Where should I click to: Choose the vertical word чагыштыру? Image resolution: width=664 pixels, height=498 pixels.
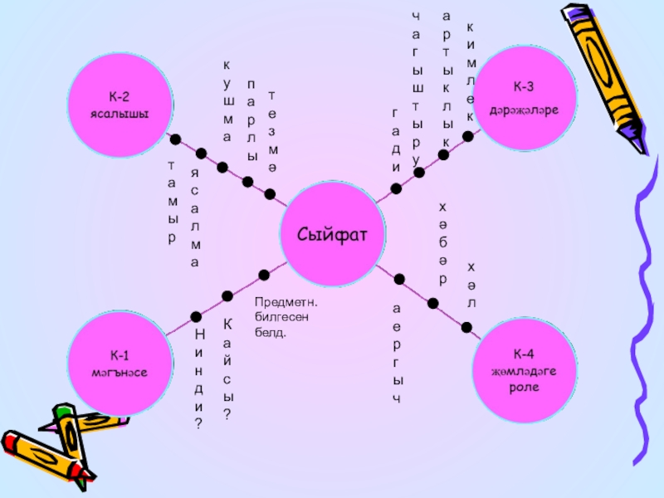pyautogui.click(x=417, y=86)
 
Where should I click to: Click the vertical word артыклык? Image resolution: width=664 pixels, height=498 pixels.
pyautogui.click(x=446, y=80)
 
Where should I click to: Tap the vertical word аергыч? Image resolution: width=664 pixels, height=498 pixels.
pyautogui.click(x=398, y=354)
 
